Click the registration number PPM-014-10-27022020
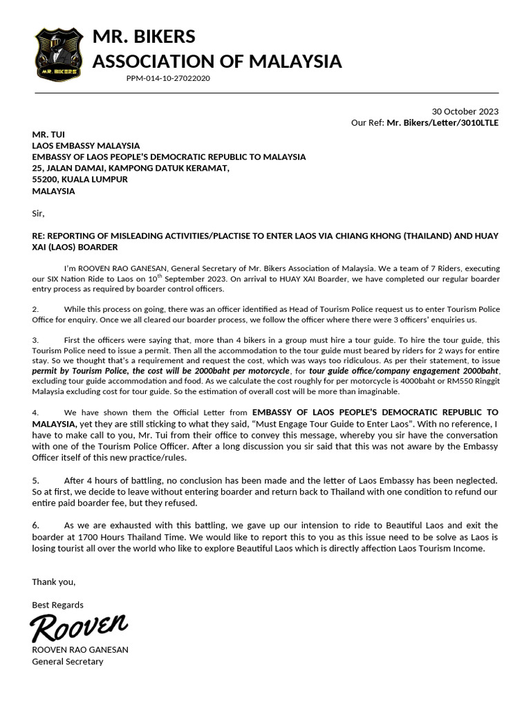click(168, 79)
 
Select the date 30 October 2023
click(465, 111)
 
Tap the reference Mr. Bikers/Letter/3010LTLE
click(442, 123)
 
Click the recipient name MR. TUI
click(48, 134)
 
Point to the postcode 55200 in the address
click(45, 179)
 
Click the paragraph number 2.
click(35, 309)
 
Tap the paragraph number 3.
click(35, 340)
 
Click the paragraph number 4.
click(35, 413)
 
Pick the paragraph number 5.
click(35, 480)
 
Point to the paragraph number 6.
click(35, 525)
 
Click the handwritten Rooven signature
click(78, 628)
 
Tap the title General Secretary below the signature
click(68, 662)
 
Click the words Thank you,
click(54, 581)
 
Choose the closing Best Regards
click(57, 605)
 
